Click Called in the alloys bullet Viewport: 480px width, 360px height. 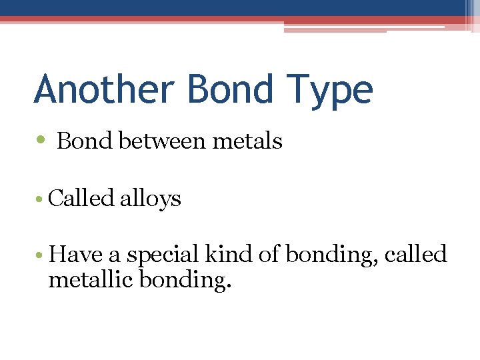[x=81, y=198]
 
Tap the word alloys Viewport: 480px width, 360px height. [x=151, y=199]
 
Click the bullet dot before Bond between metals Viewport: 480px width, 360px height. [x=41, y=141]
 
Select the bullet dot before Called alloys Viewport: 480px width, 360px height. [x=41, y=199]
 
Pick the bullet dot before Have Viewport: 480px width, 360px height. [x=41, y=255]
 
